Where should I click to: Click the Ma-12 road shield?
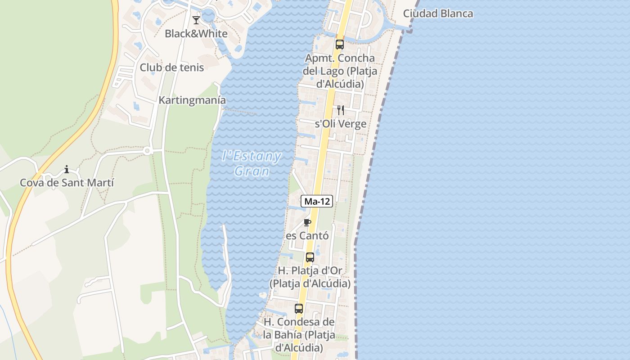pyautogui.click(x=317, y=202)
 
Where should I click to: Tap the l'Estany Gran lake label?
pyautogui.click(x=252, y=163)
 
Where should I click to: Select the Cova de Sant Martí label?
pyautogui.click(x=67, y=183)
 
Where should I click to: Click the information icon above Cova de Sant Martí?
pyautogui.click(x=67, y=170)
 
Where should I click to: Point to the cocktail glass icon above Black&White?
pyautogui.click(x=196, y=20)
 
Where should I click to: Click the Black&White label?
pyautogui.click(x=196, y=33)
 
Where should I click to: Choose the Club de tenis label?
pyautogui.click(x=172, y=67)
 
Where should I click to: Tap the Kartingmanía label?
pyautogui.click(x=192, y=100)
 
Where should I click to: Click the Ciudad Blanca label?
pyautogui.click(x=438, y=13)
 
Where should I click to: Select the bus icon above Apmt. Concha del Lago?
pyautogui.click(x=340, y=45)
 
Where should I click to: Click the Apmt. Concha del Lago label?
pyautogui.click(x=340, y=71)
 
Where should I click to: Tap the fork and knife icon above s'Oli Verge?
pyautogui.click(x=341, y=110)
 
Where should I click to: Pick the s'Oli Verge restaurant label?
pyautogui.click(x=341, y=124)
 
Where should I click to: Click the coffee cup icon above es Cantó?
pyautogui.click(x=307, y=222)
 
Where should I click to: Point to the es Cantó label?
pyautogui.click(x=307, y=236)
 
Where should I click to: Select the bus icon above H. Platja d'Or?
pyautogui.click(x=310, y=257)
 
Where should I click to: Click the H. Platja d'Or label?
pyautogui.click(x=310, y=277)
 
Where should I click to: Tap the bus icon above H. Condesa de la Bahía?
pyautogui.click(x=299, y=309)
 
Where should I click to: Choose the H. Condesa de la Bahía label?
pyautogui.click(x=299, y=335)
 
